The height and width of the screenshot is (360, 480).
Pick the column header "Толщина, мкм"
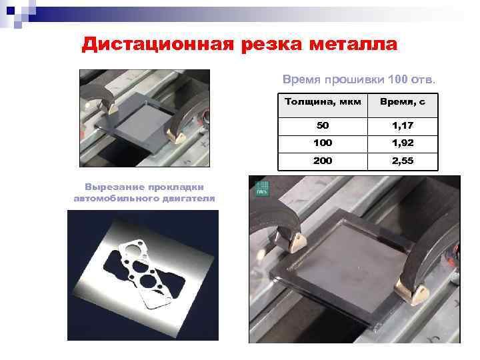pyautogui.click(x=323, y=103)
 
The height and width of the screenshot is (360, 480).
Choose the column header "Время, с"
pyautogui.click(x=403, y=103)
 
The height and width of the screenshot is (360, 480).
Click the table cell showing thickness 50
pyautogui.click(x=323, y=125)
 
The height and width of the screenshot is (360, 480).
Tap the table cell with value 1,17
pyautogui.click(x=403, y=125)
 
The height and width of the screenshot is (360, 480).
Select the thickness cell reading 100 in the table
pyautogui.click(x=323, y=143)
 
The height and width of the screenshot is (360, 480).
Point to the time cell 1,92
pyautogui.click(x=403, y=143)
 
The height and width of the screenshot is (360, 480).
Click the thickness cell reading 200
pyautogui.click(x=323, y=161)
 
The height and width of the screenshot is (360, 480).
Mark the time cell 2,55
pyautogui.click(x=403, y=161)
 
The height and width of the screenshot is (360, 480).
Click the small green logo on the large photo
pyautogui.click(x=261, y=188)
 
